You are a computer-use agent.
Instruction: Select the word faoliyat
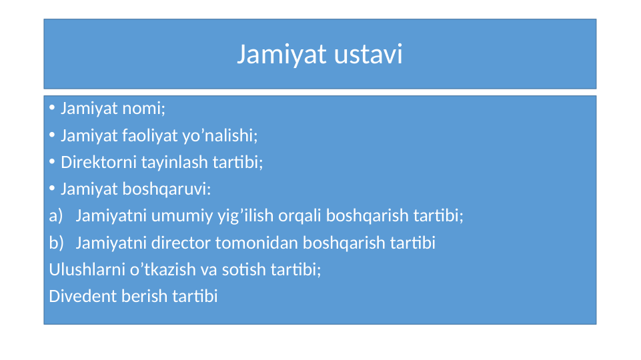(x=147, y=136)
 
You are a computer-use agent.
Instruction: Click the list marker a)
(x=56, y=216)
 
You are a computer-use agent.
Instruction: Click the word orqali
(x=300, y=216)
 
